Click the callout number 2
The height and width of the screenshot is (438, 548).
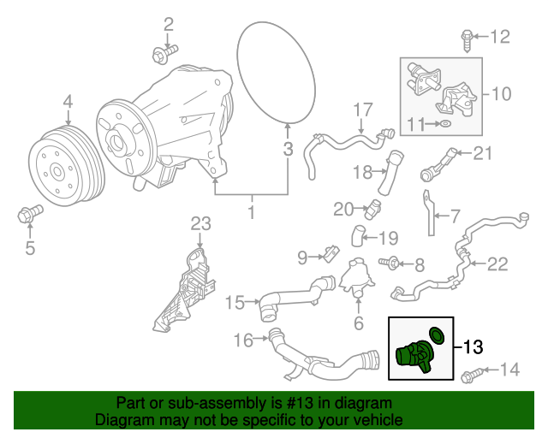(169, 23)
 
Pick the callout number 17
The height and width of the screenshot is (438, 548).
(363, 109)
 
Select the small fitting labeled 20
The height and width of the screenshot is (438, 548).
(375, 206)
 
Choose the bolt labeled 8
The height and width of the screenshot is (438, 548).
(394, 263)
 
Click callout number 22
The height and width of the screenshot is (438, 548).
(497, 264)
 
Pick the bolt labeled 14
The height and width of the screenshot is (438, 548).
(471, 375)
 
